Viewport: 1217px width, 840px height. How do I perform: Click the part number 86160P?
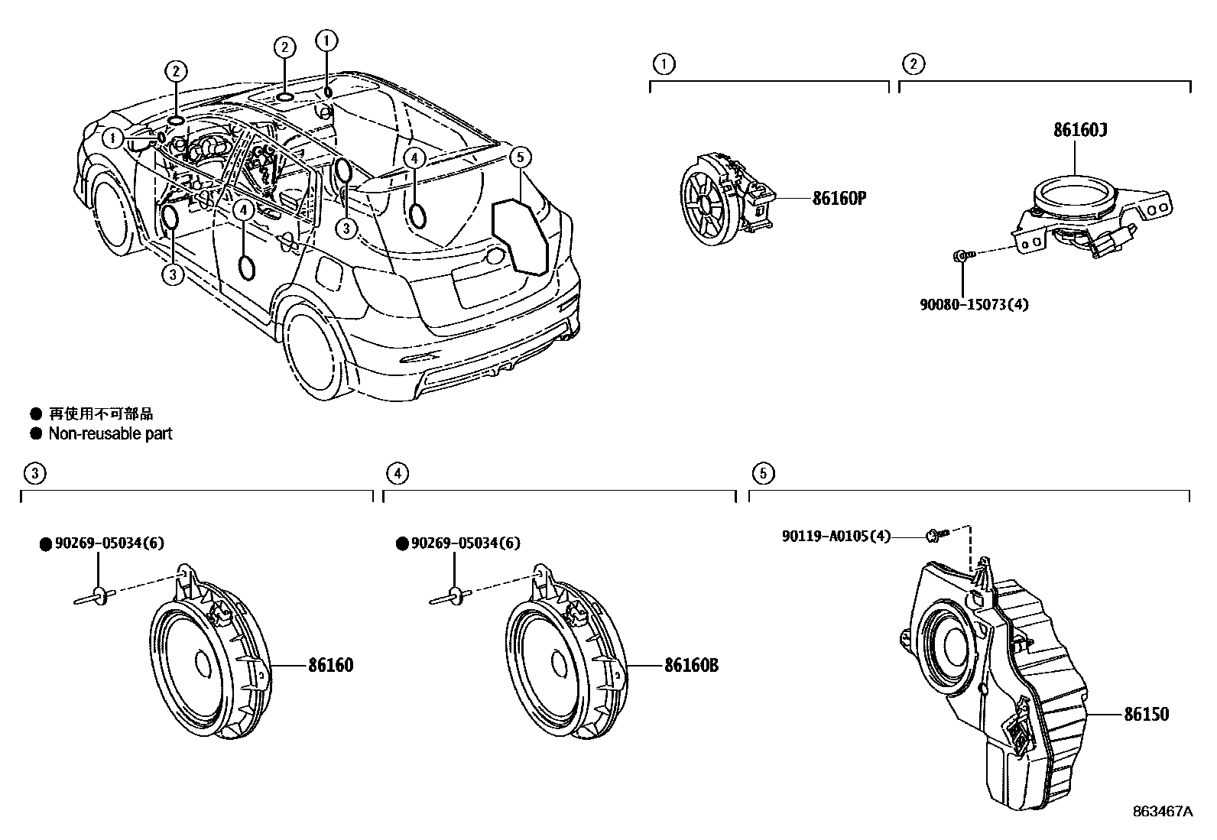(839, 199)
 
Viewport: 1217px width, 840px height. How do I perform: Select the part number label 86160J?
(1080, 130)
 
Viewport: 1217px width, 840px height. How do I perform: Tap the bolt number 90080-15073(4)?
(974, 304)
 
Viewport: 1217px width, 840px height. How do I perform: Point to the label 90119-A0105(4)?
(836, 536)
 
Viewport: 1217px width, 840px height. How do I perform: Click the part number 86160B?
(691, 666)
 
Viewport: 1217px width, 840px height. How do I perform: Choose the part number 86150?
(1146, 715)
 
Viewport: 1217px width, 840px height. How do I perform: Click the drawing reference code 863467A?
(1163, 812)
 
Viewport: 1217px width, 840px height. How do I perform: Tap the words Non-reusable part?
(110, 433)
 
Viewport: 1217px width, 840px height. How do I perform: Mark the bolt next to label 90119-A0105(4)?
(936, 535)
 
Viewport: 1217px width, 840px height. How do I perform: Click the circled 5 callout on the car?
(519, 158)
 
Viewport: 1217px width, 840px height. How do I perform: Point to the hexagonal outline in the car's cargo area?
(520, 237)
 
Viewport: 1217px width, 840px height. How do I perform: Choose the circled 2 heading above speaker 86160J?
(913, 64)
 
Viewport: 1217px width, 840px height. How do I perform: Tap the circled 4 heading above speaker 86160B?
(397, 474)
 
